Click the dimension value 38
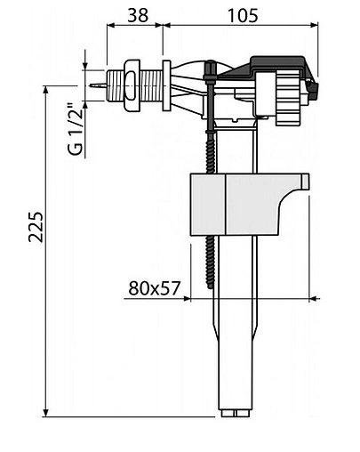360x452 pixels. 138,15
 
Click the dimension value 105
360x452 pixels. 243,15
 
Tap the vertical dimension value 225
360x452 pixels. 36,227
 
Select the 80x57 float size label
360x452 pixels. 155,288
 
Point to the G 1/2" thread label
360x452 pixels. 75,129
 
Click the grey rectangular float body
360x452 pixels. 250,205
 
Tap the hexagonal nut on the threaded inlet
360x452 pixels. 132,85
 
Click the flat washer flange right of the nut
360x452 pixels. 167,85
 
